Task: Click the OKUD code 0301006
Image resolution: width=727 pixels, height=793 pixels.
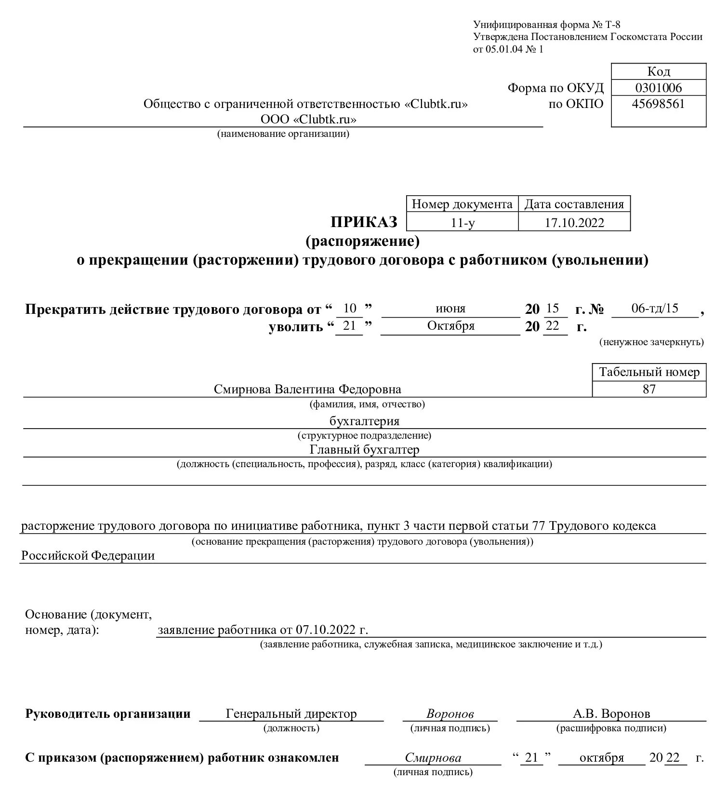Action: click(658, 88)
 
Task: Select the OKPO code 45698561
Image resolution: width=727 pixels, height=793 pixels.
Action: click(658, 104)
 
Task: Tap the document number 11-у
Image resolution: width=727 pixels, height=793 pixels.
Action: click(462, 223)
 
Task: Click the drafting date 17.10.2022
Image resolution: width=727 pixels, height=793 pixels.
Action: click(574, 223)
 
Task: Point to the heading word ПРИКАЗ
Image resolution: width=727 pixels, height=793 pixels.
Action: click(364, 222)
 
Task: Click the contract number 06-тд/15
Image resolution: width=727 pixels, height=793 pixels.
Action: click(654, 309)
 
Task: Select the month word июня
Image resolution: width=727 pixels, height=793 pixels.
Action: click(450, 309)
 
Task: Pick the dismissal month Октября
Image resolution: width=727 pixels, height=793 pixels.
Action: click(451, 326)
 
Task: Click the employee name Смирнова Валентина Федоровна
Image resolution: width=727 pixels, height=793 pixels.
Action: click(307, 389)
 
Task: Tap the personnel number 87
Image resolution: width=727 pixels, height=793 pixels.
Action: click(649, 389)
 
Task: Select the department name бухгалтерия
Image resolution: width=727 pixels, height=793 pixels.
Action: click(364, 421)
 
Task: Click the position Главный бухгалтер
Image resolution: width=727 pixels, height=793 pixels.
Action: click(364, 450)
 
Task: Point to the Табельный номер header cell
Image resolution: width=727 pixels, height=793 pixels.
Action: click(649, 373)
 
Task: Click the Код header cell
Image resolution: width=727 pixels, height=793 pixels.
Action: click(658, 72)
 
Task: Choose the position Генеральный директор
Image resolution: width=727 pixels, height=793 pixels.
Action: click(291, 714)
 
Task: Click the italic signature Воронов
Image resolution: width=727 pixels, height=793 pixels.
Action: click(450, 714)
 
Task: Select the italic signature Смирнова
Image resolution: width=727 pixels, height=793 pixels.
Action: click(433, 758)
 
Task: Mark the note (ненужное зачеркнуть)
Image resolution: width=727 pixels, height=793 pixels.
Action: click(651, 342)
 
